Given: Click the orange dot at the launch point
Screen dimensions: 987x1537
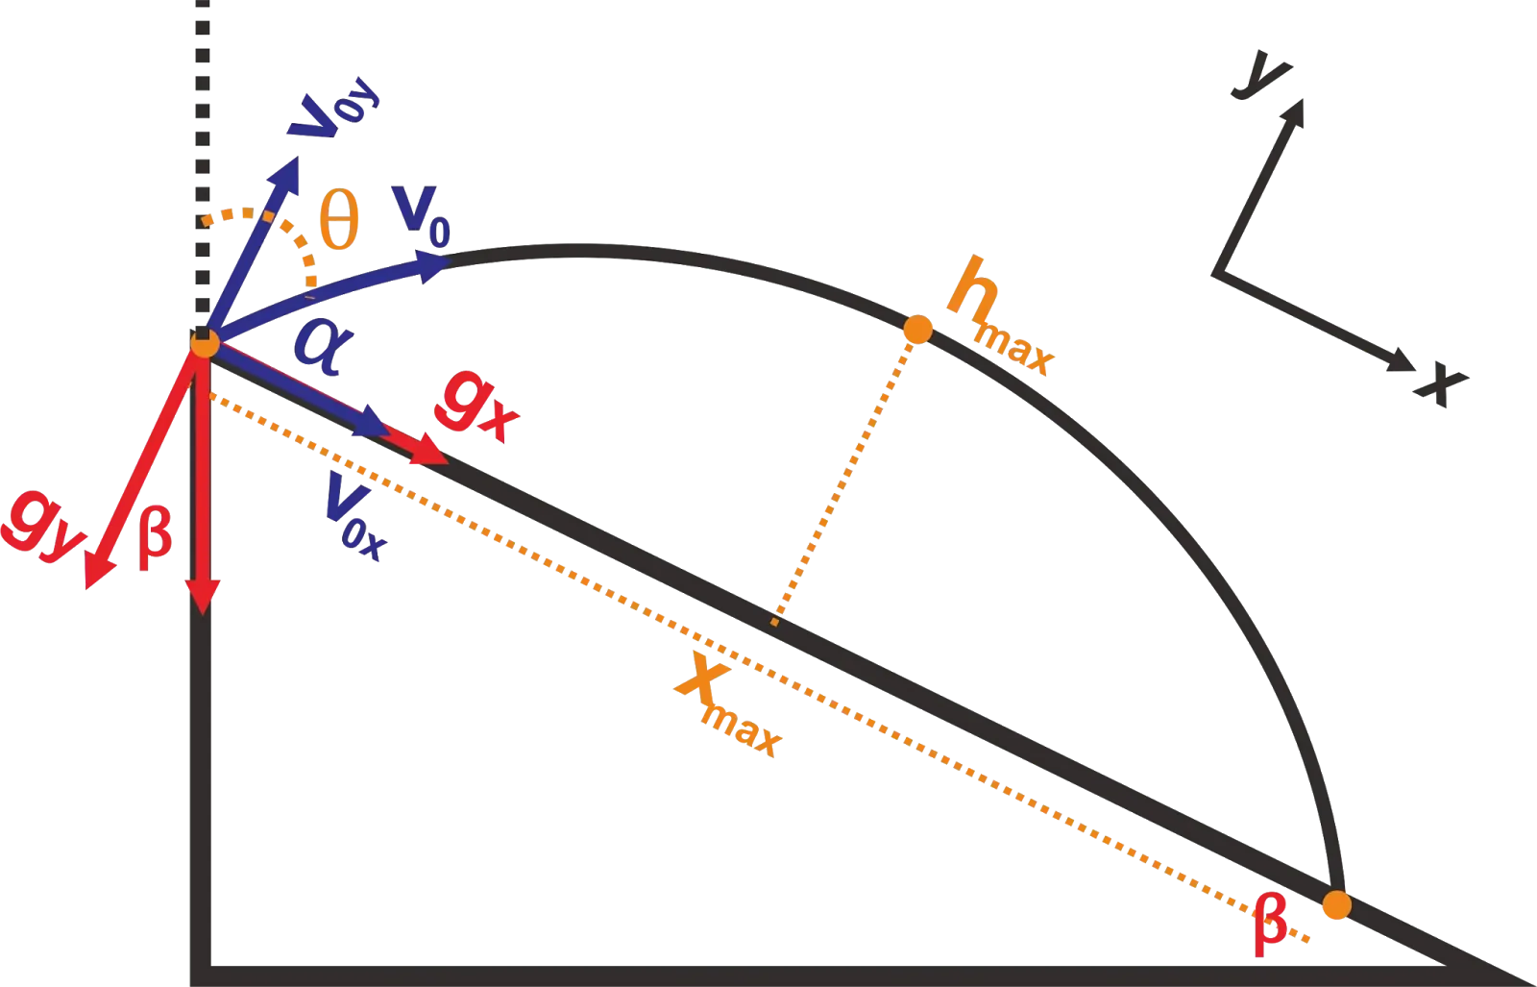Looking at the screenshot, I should click(204, 343).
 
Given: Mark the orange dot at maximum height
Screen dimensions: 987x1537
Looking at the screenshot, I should click(917, 330).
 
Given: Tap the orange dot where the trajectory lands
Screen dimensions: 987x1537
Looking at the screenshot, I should click(1334, 905).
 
